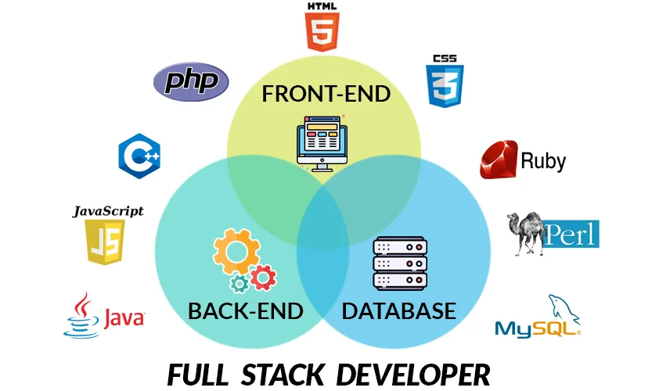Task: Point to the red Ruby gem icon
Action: click(x=499, y=161)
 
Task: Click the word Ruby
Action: click(x=543, y=162)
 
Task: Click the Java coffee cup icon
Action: click(x=81, y=316)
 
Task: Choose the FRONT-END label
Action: click(x=326, y=95)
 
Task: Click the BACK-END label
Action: click(x=245, y=311)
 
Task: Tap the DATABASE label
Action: click(x=399, y=310)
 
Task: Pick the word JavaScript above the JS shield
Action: click(x=108, y=211)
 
